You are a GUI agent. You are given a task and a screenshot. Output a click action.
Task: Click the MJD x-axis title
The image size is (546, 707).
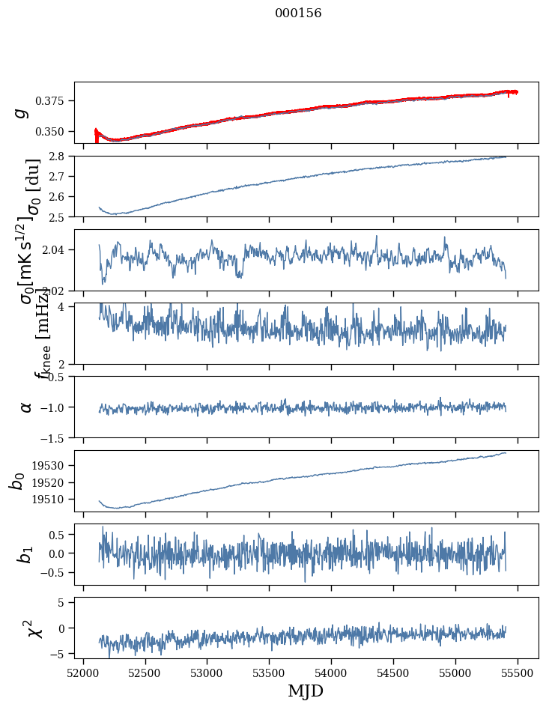pyautogui.click(x=306, y=691)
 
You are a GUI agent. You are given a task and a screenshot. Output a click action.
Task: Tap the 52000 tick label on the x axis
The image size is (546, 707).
pyautogui.click(x=83, y=669)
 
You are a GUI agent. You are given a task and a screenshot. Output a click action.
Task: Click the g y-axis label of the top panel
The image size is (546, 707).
pyautogui.click(x=22, y=112)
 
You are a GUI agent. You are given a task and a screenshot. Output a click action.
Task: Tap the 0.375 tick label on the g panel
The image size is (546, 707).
pyautogui.click(x=54, y=100)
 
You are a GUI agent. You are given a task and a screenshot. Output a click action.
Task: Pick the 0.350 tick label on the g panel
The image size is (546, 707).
pyautogui.click(x=54, y=131)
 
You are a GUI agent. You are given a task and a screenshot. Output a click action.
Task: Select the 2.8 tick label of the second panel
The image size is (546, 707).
pyautogui.click(x=59, y=156)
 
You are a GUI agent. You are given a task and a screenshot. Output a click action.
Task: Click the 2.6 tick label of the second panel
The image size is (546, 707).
pyautogui.click(x=59, y=196)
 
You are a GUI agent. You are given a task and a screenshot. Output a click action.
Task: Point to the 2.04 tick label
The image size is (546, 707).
pyautogui.click(x=56, y=249)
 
